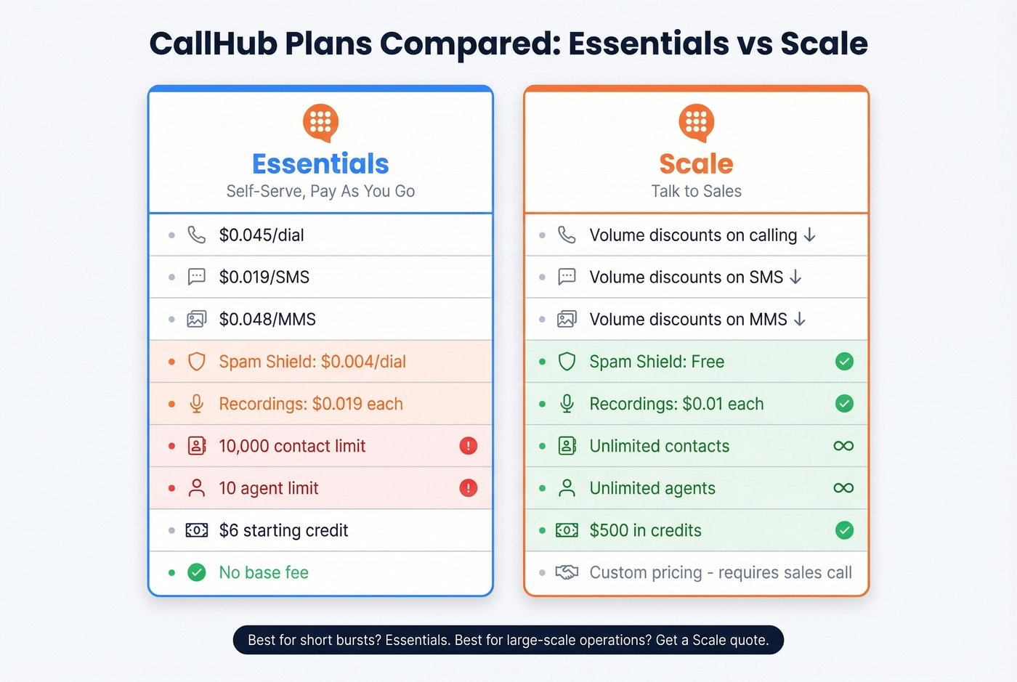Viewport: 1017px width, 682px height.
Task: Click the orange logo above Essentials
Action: pyautogui.click(x=320, y=122)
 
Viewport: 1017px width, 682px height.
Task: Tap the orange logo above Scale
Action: pyautogui.click(x=696, y=122)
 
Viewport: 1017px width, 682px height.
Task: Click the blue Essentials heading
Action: pyautogui.click(x=320, y=164)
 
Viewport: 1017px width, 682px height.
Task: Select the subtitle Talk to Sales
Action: pyautogui.click(x=696, y=192)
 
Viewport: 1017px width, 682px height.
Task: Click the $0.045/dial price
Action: pyautogui.click(x=262, y=235)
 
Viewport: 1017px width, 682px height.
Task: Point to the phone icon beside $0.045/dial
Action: pyautogui.click(x=197, y=235)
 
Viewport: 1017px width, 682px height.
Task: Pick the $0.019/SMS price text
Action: pyautogui.click(x=264, y=277)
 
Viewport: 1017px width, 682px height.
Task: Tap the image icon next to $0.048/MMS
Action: pyautogui.click(x=197, y=320)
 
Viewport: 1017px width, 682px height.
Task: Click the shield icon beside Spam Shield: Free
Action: pyautogui.click(x=567, y=362)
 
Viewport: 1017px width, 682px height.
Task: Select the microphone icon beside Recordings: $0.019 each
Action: pyautogui.click(x=197, y=404)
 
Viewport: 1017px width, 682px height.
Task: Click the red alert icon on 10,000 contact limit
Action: pyautogui.click(x=469, y=446)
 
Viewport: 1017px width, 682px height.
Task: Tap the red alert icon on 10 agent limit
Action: pyautogui.click(x=469, y=488)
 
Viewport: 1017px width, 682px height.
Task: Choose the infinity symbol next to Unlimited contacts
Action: pyautogui.click(x=843, y=446)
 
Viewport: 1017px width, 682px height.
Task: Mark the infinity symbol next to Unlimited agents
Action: pyautogui.click(x=843, y=488)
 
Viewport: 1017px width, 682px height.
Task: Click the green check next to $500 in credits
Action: pyautogui.click(x=844, y=530)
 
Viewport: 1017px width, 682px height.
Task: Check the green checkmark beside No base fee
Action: pyautogui.click(x=197, y=572)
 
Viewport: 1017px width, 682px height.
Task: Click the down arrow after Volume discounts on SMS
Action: pyautogui.click(x=795, y=277)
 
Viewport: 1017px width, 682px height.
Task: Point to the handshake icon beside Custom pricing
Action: pyautogui.click(x=567, y=572)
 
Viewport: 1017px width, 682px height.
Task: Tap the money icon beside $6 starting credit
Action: pyautogui.click(x=197, y=530)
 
